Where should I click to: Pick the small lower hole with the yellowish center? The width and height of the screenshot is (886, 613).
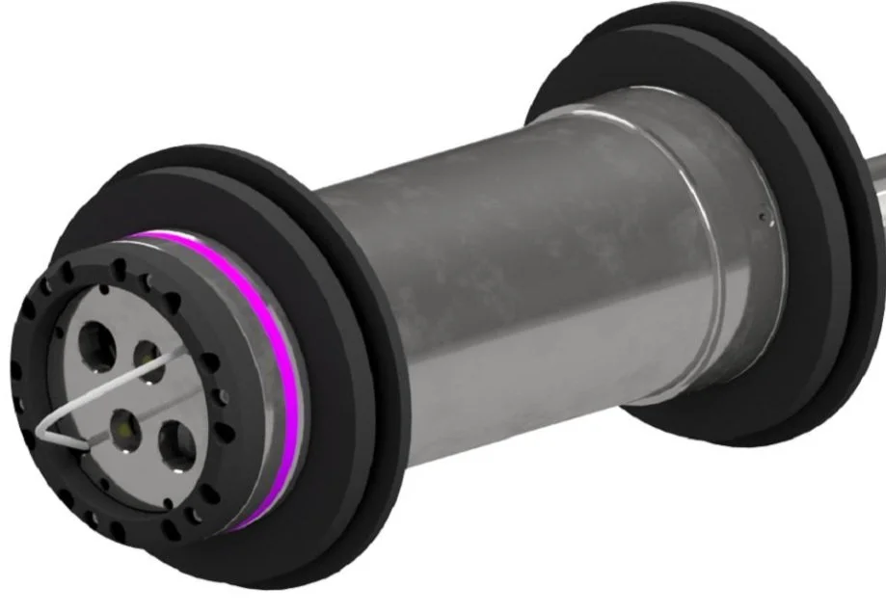coord(123,421)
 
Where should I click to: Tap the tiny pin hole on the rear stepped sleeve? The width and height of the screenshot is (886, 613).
coord(762,218)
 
